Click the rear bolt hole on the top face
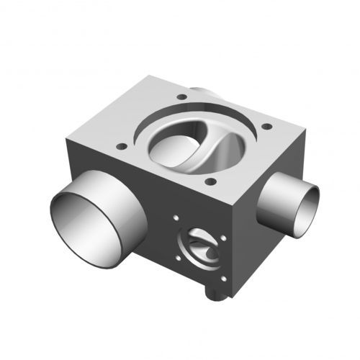point(181,96)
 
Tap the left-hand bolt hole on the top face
point(122,146)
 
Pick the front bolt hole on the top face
point(210,181)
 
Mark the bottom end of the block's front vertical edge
point(232,297)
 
